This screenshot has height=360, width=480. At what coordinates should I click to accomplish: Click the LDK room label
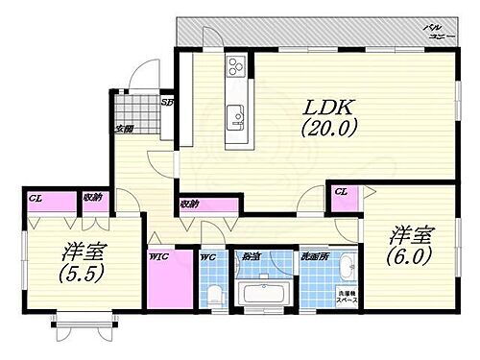pos(326,103)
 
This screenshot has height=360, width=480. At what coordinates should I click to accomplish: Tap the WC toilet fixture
pos(216,292)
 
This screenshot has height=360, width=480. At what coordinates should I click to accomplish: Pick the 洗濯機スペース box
pos(347,296)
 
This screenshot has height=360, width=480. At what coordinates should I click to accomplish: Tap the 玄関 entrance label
pos(125,129)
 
